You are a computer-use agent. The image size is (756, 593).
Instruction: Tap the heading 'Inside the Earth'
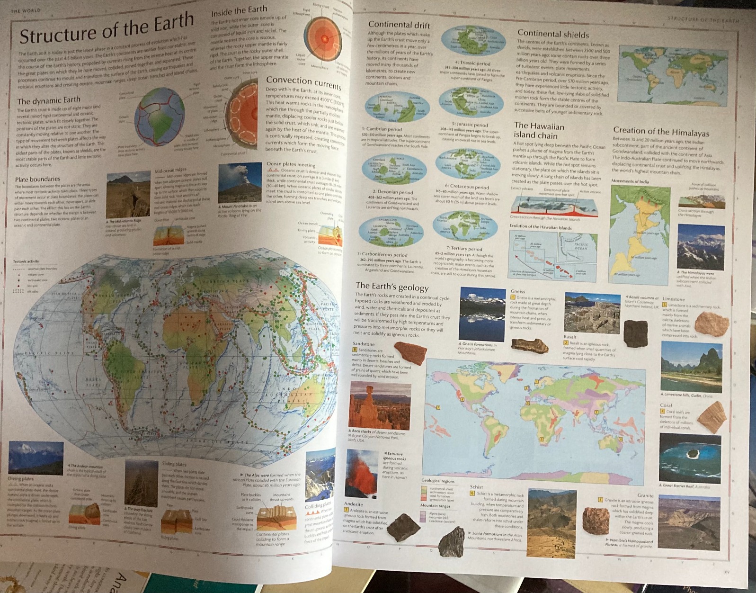click(239, 11)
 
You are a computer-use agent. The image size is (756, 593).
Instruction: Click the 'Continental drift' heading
click(399, 25)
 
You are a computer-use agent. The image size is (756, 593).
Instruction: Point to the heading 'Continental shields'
click(553, 34)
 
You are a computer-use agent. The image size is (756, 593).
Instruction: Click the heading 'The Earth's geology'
click(392, 287)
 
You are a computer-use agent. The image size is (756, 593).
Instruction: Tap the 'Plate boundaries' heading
click(37, 179)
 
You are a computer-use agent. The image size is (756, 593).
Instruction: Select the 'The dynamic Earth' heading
click(49, 100)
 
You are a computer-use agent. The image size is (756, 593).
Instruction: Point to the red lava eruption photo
click(362, 472)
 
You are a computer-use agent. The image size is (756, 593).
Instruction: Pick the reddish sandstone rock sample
click(410, 352)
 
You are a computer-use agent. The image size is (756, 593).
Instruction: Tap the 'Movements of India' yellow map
click(640, 233)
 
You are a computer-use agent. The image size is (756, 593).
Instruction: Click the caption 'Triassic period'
click(472, 63)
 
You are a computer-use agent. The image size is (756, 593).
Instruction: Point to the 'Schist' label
click(476, 486)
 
